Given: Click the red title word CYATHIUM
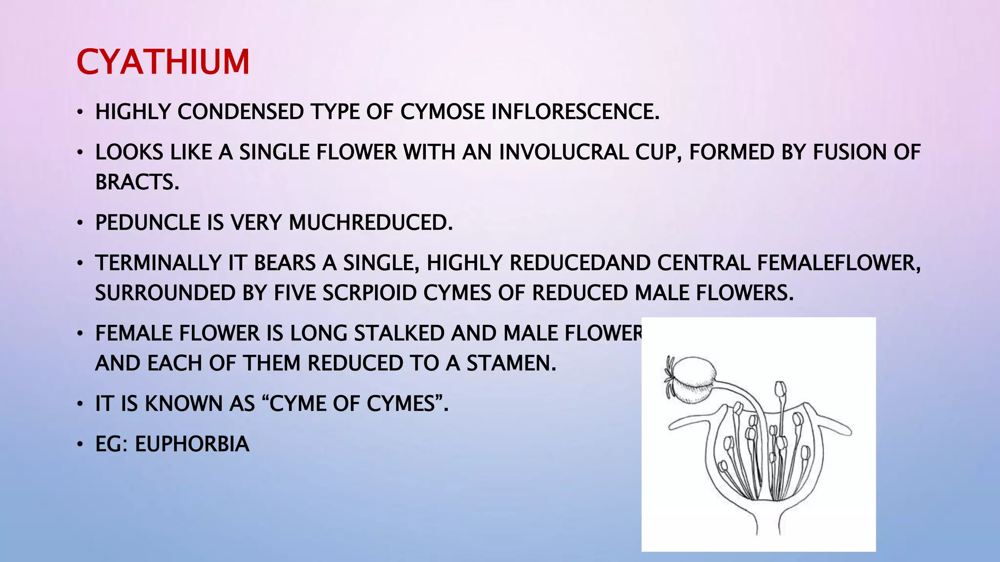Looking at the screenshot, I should (x=163, y=62).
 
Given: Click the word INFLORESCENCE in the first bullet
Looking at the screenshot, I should (x=575, y=112).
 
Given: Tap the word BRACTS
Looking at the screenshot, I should (x=137, y=182).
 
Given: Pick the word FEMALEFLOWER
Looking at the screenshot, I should (x=838, y=263).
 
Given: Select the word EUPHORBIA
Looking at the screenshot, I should (x=192, y=444).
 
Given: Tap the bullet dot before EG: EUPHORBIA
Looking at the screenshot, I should (x=80, y=445).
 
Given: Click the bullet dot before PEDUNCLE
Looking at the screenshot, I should (x=80, y=223).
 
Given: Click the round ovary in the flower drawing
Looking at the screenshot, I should (x=696, y=379).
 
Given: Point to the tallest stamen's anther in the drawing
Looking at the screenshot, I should (x=781, y=389).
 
